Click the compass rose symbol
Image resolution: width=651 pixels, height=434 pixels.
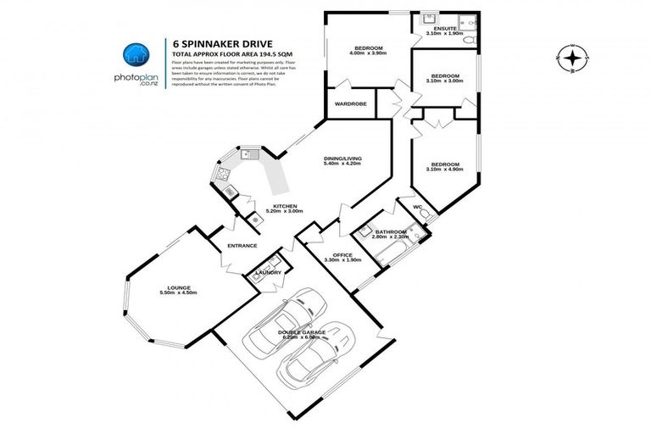tap(575, 58)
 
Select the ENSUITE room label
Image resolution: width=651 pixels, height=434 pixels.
tap(445, 28)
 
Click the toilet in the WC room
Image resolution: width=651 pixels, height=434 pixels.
tap(431, 214)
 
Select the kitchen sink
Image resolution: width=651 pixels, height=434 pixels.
tap(250, 154)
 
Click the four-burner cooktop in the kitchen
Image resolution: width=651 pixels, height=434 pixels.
tap(224, 175)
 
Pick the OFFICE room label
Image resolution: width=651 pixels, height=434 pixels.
tap(342, 254)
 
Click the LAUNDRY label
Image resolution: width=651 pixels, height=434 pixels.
tap(269, 272)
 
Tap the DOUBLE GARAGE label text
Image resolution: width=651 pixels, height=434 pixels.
tap(302, 331)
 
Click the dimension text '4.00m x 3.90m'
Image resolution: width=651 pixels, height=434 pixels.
tap(368, 53)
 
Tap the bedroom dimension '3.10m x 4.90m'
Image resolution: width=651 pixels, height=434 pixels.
tap(444, 170)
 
